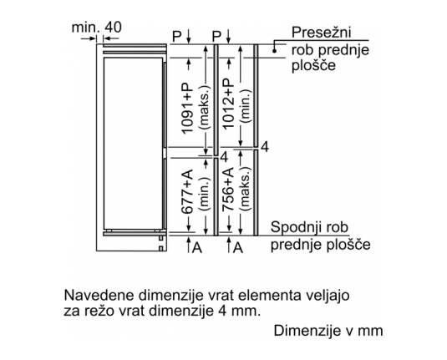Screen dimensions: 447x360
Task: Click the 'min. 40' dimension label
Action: pyautogui.click(x=96, y=28)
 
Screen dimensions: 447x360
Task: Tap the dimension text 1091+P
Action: pyautogui.click(x=187, y=109)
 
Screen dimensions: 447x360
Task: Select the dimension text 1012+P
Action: pyautogui.click(x=228, y=104)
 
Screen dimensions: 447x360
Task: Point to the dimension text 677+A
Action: pyautogui.click(x=187, y=191)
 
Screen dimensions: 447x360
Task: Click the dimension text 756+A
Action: pyautogui.click(x=228, y=190)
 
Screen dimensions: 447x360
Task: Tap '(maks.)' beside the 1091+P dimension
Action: pyautogui.click(x=205, y=107)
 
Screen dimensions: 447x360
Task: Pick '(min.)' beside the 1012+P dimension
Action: pyautogui.click(x=246, y=106)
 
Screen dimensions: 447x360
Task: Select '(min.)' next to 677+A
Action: pyautogui.click(x=205, y=194)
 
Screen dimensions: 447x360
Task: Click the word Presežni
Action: pyautogui.click(x=321, y=33)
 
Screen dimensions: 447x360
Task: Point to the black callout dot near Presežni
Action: pyautogui.click(x=274, y=51)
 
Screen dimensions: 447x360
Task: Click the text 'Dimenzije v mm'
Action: pyautogui.click(x=328, y=331)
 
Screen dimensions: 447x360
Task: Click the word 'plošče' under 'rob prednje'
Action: pyautogui.click(x=313, y=66)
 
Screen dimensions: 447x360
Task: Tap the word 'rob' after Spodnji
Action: pyautogui.click(x=338, y=227)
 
